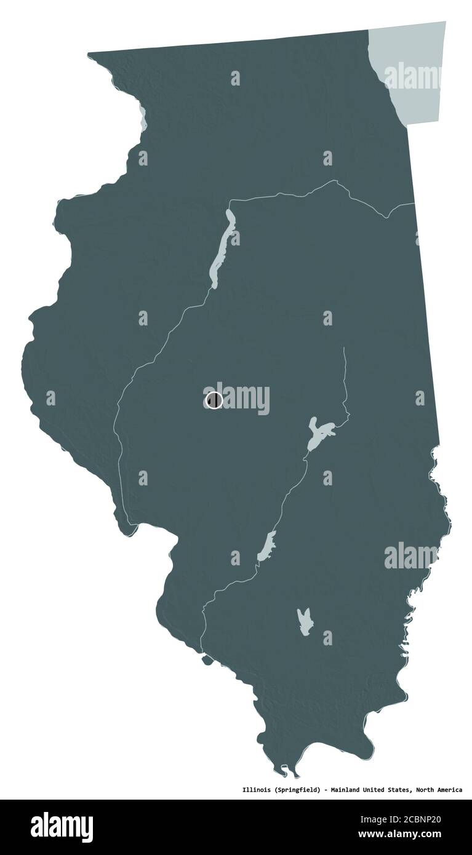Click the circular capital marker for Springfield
214,400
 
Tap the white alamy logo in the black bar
62,827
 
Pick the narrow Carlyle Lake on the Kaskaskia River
266,546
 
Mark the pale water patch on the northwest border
143,119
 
